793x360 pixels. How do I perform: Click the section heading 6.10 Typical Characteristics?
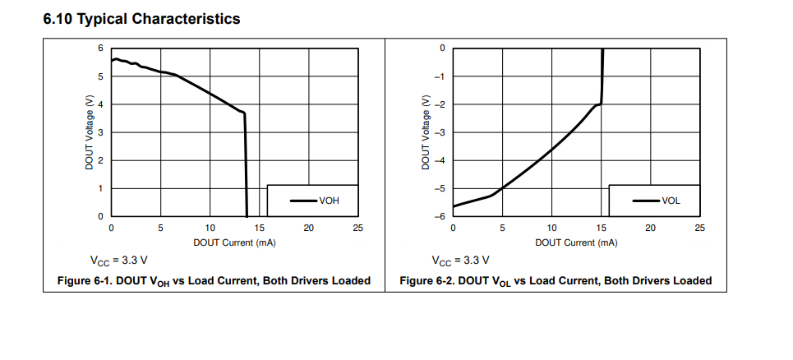(141, 19)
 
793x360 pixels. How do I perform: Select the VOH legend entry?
(329, 201)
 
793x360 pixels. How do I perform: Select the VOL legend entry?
(671, 201)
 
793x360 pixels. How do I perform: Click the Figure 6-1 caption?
(214, 281)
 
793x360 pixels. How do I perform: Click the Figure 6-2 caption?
(556, 281)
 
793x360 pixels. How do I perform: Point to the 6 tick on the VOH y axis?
(100, 48)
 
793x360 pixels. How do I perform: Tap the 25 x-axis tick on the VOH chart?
(357, 228)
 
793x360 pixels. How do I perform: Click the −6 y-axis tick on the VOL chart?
(440, 216)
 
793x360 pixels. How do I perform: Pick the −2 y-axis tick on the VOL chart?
(440, 104)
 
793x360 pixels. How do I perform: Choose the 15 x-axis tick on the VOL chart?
(602, 228)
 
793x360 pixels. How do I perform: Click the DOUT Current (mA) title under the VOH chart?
(234, 242)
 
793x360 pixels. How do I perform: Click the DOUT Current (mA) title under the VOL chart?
(576, 242)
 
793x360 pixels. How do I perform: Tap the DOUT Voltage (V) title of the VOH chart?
(89, 132)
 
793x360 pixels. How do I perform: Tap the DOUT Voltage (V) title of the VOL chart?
(426, 132)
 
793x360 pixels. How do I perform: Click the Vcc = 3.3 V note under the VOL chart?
(460, 261)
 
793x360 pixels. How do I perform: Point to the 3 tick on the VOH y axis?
(100, 132)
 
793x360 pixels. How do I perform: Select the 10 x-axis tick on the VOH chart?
(210, 228)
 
